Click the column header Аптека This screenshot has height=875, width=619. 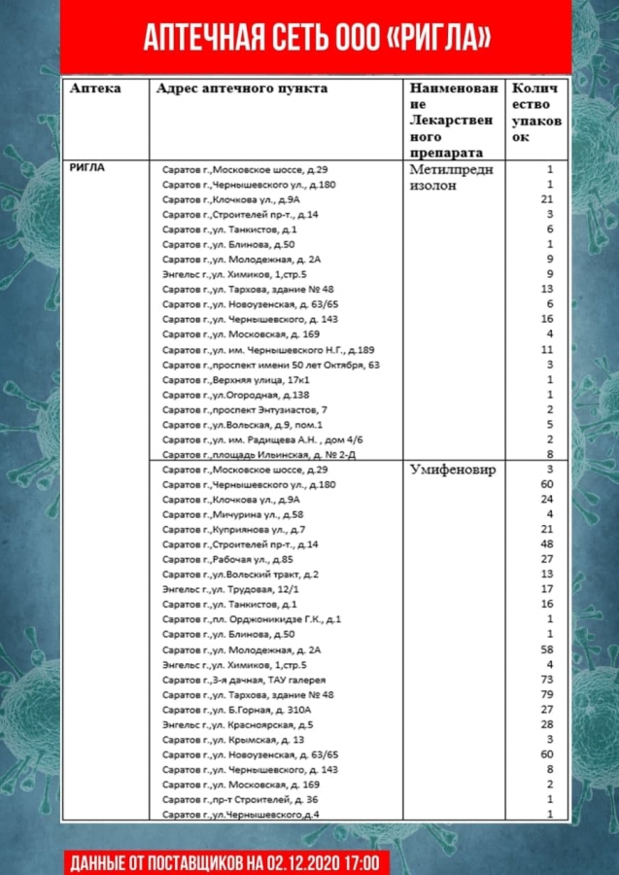pos(95,88)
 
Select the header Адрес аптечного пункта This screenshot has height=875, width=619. pos(242,88)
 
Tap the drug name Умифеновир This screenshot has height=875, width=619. pos(452,470)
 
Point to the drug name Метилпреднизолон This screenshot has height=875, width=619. pos(452,176)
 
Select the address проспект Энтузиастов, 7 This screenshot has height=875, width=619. pos(244,409)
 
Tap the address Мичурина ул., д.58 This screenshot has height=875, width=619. pos(232,513)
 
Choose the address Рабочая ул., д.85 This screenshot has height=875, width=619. pos(227,559)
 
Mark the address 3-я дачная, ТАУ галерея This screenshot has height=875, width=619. pos(244,680)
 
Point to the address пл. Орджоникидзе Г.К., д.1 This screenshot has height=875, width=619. pos(252,619)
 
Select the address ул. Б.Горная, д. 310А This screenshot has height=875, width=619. pos(236,710)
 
